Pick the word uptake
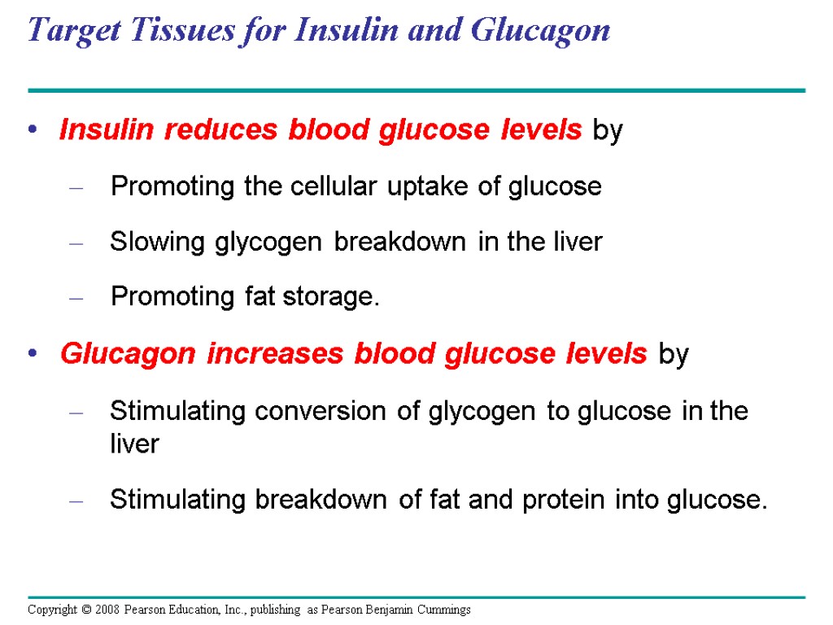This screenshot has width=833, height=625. coord(429,187)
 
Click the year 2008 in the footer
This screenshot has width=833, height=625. coord(104,610)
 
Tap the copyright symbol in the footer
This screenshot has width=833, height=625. coord(84,610)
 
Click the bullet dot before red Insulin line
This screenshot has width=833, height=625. coord(33,131)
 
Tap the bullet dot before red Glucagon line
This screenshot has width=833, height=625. coord(33,355)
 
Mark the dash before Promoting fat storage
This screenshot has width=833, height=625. coord(76,299)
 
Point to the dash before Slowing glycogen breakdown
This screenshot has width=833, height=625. coord(76,243)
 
